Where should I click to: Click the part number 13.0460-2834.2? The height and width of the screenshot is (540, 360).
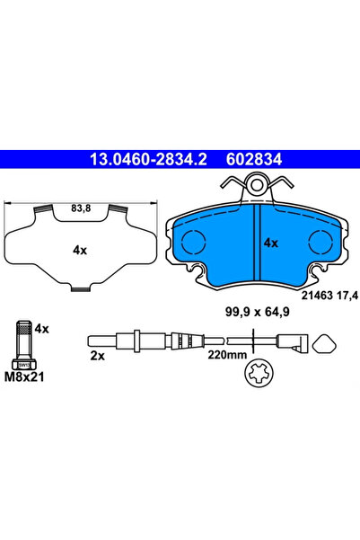pyautogui.click(x=148, y=159)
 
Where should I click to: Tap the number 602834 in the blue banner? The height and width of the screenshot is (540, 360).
pyautogui.click(x=254, y=159)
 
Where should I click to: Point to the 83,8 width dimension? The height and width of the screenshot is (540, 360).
pyautogui.click(x=81, y=208)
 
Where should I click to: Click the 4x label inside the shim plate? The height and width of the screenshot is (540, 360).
pyautogui.click(x=80, y=251)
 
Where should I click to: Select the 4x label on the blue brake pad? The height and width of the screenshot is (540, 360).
pyautogui.click(x=270, y=243)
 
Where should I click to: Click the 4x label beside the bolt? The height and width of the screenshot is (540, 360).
pyautogui.click(x=42, y=329)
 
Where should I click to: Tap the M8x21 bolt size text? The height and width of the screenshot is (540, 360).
pyautogui.click(x=24, y=377)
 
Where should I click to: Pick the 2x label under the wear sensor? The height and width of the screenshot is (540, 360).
pyautogui.click(x=97, y=356)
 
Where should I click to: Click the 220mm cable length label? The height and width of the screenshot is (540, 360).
pyautogui.click(x=227, y=355)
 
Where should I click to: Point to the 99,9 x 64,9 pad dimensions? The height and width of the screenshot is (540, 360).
pyautogui.click(x=258, y=313)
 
